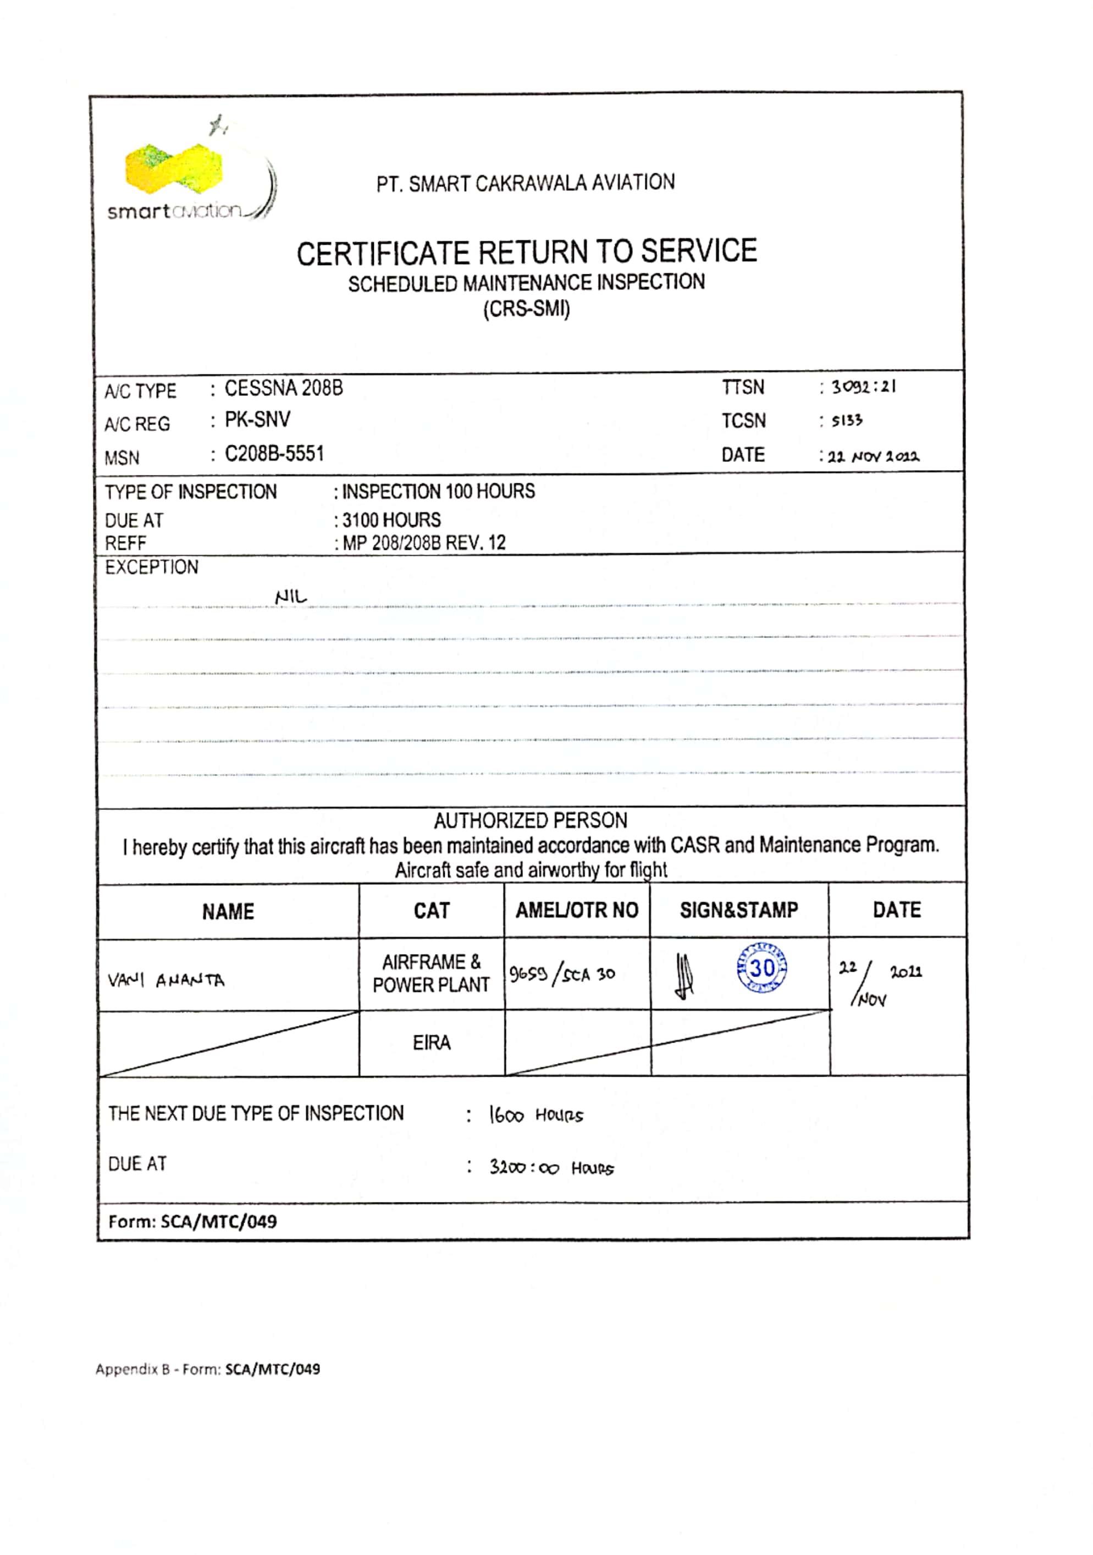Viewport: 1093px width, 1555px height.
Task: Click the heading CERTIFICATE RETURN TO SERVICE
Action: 526,252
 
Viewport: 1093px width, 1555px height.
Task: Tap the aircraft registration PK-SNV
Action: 257,420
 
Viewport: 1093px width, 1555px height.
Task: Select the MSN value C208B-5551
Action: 274,453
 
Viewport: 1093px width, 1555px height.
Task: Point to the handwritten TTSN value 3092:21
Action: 863,387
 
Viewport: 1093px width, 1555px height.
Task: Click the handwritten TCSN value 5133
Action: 847,421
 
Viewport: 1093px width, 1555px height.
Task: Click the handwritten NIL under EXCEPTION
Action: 290,597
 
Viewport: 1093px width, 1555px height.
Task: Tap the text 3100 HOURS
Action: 391,520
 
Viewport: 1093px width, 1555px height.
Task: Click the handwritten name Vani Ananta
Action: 166,980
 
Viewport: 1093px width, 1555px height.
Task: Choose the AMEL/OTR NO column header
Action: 577,910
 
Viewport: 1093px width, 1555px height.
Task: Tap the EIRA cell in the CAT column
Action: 432,1043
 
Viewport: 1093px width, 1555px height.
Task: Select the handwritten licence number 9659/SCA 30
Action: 562,974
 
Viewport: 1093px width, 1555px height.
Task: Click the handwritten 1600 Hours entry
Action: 536,1115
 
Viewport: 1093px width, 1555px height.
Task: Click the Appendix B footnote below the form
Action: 207,1369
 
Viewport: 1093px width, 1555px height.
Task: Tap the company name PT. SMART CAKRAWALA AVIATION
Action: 526,183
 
